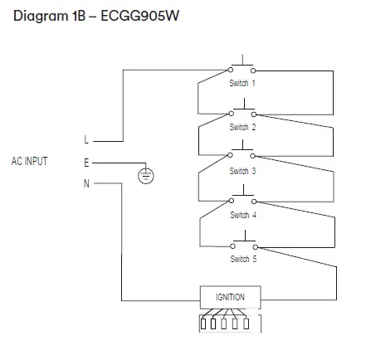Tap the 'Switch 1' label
point(242,84)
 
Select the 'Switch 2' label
point(242,128)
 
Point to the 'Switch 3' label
point(242,171)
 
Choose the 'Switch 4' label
point(242,215)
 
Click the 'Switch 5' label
point(242,259)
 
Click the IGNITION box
point(230,296)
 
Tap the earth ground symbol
point(145,174)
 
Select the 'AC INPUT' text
point(30,161)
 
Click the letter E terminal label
point(85,163)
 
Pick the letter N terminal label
point(85,183)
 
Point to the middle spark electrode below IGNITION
point(226,324)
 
